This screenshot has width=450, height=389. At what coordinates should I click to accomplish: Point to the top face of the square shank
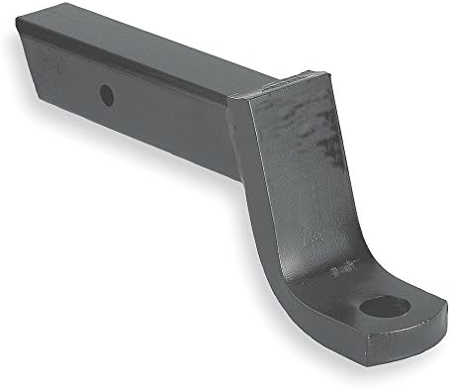point(148,59)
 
